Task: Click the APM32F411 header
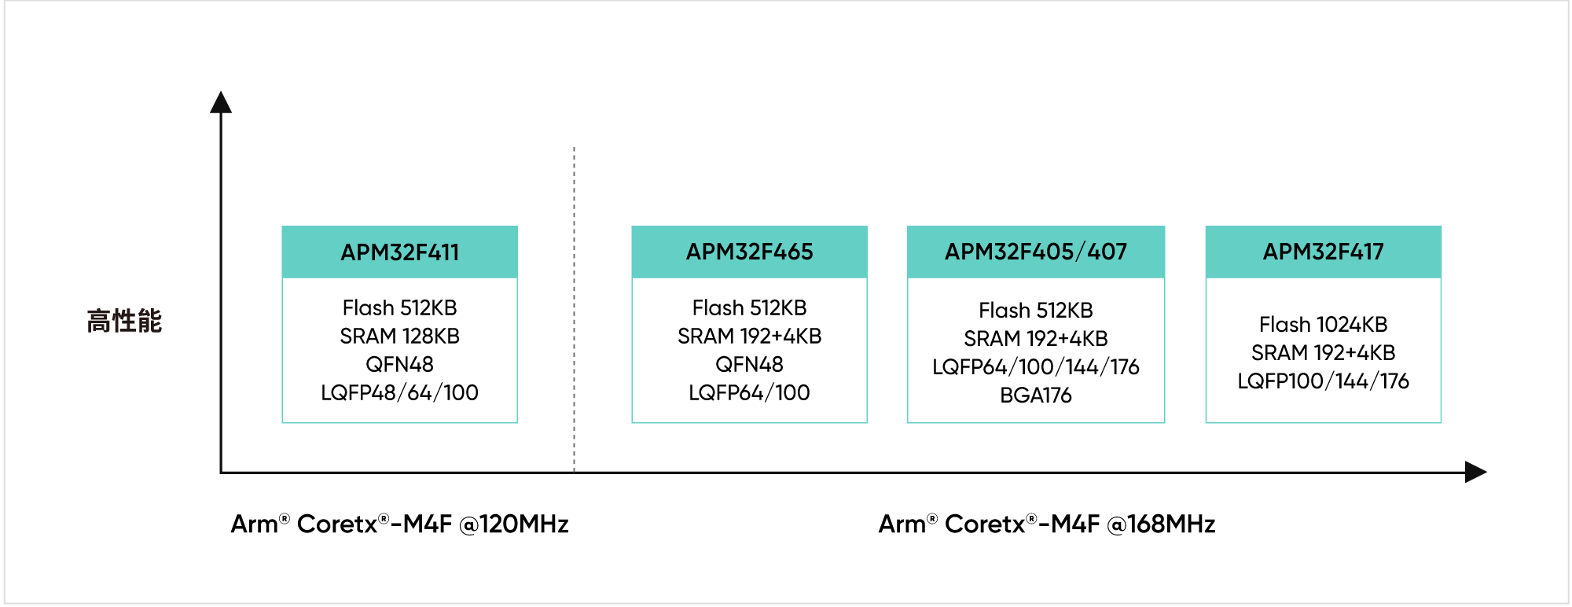pyautogui.click(x=399, y=252)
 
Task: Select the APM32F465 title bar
pyautogui.click(x=749, y=252)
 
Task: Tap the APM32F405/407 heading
pyautogui.click(x=1035, y=252)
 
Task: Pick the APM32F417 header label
pyautogui.click(x=1323, y=252)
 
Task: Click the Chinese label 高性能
pyautogui.click(x=124, y=321)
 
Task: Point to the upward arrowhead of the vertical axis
pyautogui.click(x=221, y=102)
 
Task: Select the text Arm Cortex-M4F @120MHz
pyautogui.click(x=399, y=524)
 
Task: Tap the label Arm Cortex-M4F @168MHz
pyautogui.click(x=1046, y=524)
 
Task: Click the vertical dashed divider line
pyautogui.click(x=575, y=315)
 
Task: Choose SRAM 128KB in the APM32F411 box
pyautogui.click(x=399, y=336)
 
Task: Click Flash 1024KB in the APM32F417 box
pyautogui.click(x=1323, y=324)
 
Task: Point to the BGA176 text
pyautogui.click(x=1035, y=395)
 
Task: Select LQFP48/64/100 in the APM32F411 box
pyautogui.click(x=399, y=392)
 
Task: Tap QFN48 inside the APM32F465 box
pyautogui.click(x=749, y=364)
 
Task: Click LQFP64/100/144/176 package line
pyautogui.click(x=1035, y=366)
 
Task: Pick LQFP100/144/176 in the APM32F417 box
pyautogui.click(x=1323, y=381)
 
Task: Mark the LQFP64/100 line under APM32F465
pyautogui.click(x=749, y=392)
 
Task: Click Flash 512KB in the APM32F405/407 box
pyautogui.click(x=1035, y=310)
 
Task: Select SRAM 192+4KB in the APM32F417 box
pyautogui.click(x=1323, y=352)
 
